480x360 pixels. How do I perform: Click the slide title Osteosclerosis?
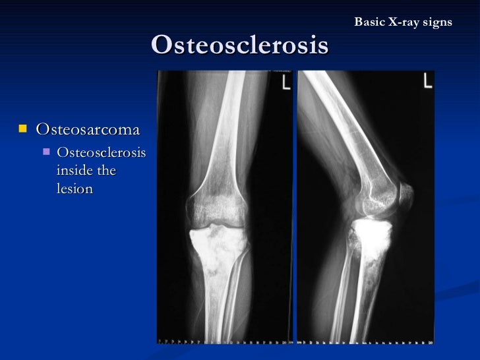pyautogui.click(x=239, y=45)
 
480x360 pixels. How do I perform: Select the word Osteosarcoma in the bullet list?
pyautogui.click(x=88, y=128)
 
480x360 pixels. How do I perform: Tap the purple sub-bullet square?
pyautogui.click(x=45, y=153)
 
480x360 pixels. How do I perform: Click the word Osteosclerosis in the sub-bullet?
pyautogui.click(x=101, y=153)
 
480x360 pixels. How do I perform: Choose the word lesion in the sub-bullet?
pyautogui.click(x=75, y=189)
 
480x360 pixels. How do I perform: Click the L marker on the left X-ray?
pyautogui.click(x=285, y=84)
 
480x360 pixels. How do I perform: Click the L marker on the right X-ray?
pyautogui.click(x=428, y=81)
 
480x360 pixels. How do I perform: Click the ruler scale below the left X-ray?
pyautogui.click(x=224, y=342)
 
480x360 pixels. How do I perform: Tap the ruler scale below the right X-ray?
pyautogui.click(x=366, y=342)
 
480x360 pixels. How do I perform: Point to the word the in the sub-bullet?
pyautogui.click(x=105, y=171)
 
